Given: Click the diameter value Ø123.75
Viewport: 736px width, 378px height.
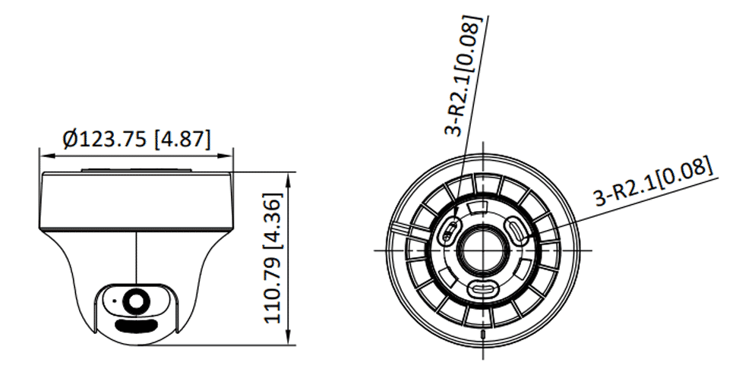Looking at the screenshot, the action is (105, 139).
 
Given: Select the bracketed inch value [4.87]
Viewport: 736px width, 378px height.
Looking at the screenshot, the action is (182, 139).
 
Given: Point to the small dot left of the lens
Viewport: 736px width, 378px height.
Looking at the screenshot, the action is (114, 301).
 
